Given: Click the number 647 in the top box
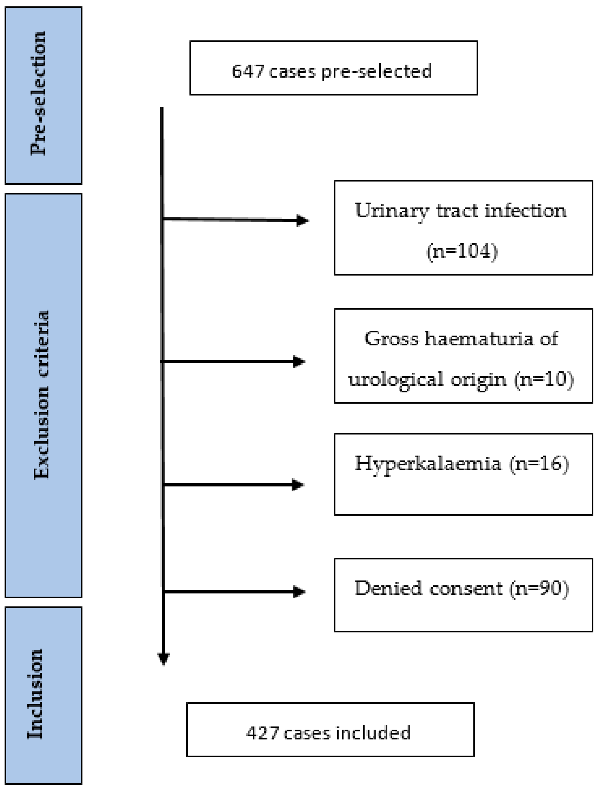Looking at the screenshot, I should [x=247, y=71].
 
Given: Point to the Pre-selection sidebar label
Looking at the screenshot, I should [x=39, y=93].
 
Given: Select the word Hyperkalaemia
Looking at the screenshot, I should [x=428, y=464].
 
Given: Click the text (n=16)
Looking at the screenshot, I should [x=539, y=464].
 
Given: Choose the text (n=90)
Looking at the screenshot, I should [x=539, y=588].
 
